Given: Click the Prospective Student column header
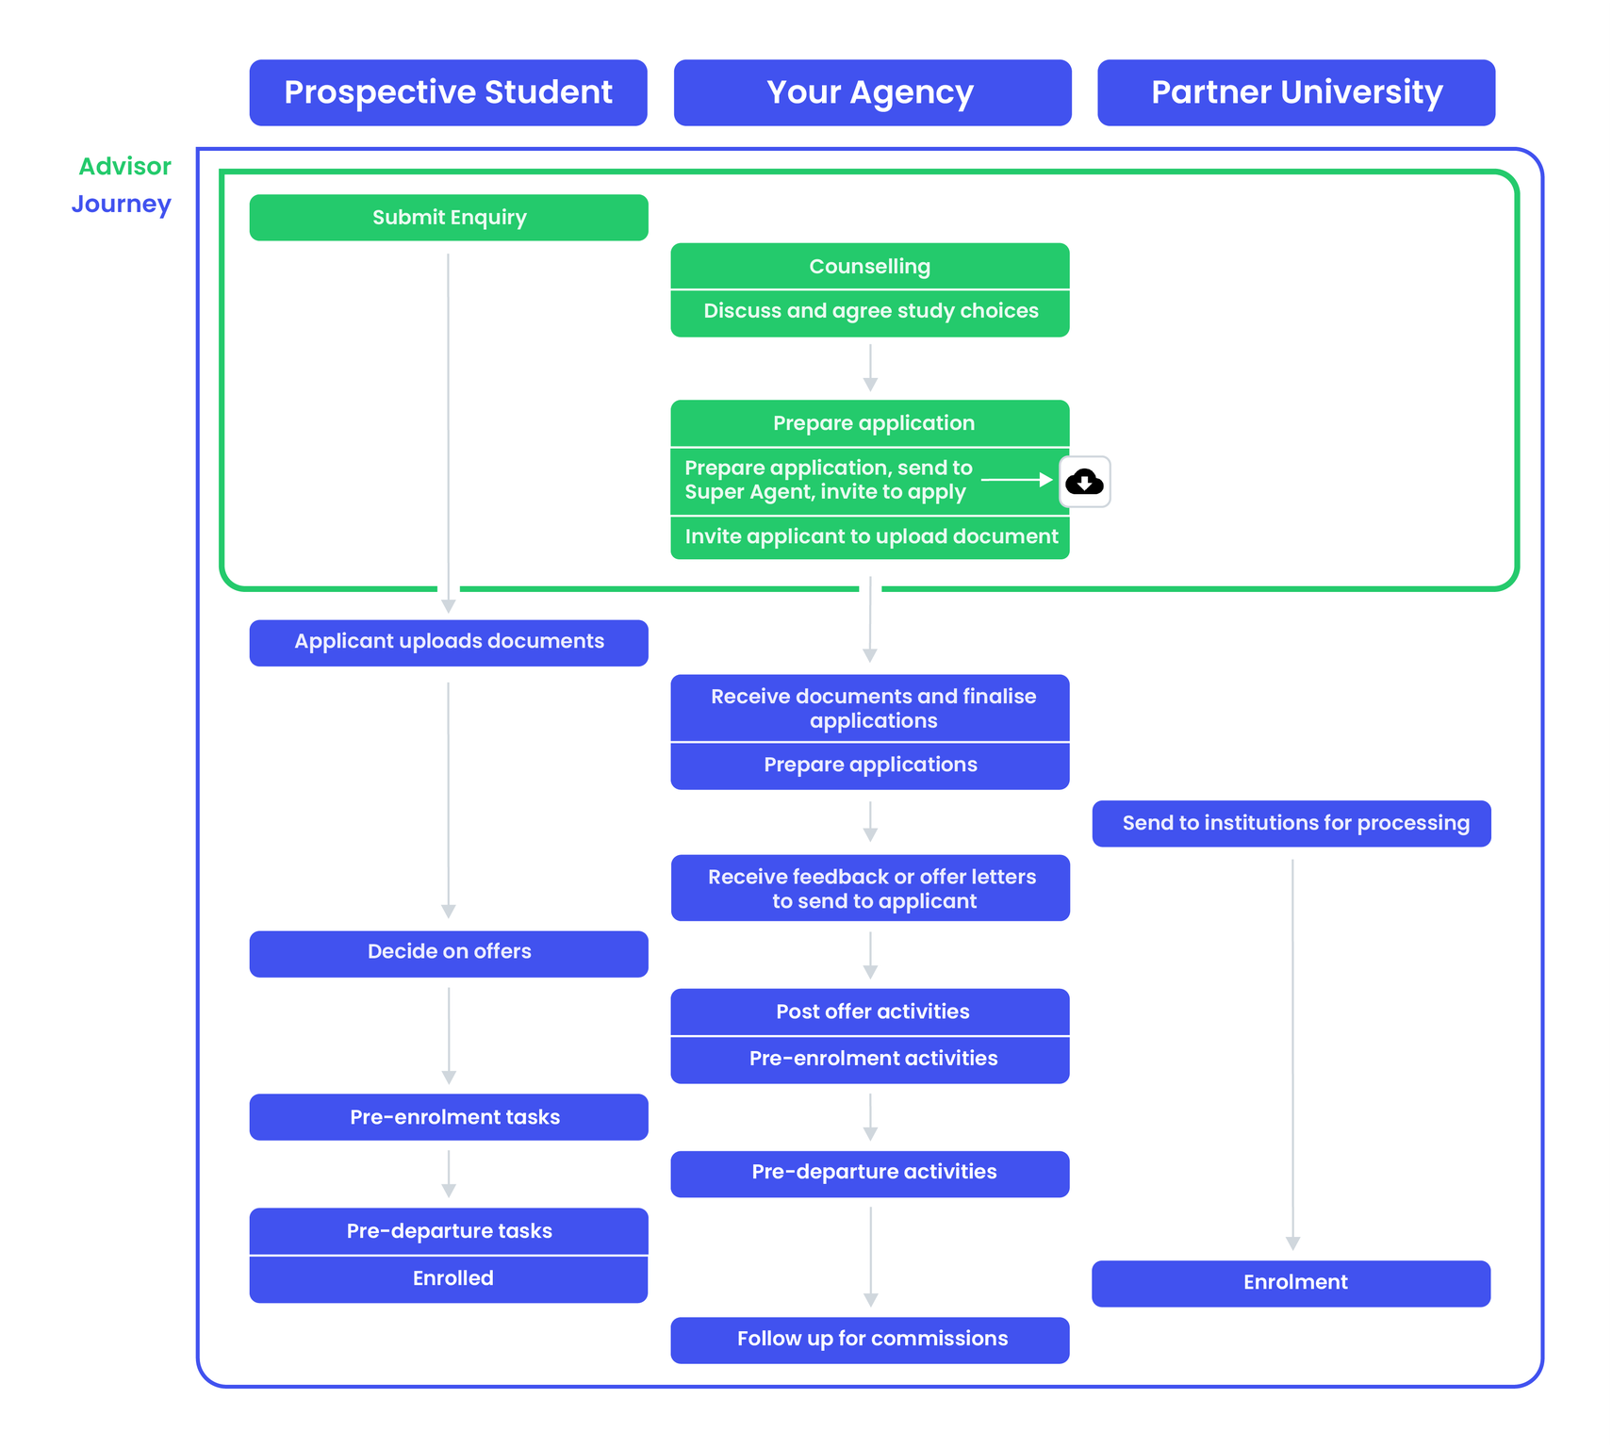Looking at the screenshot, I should [x=448, y=92].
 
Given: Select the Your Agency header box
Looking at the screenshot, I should [x=872, y=92].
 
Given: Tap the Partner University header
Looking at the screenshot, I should [x=1296, y=92].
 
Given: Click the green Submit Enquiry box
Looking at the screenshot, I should [x=449, y=218].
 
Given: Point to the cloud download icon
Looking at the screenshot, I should [x=1084, y=482].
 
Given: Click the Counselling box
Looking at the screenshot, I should [x=869, y=267].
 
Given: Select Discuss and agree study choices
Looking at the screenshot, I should [x=869, y=311].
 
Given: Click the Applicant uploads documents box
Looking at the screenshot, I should [x=449, y=642].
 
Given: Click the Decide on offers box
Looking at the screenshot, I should [x=449, y=952].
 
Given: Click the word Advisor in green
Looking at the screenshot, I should [x=124, y=167].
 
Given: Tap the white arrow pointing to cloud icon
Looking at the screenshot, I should [x=1016, y=480].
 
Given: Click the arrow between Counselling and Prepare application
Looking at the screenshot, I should [x=870, y=368].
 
